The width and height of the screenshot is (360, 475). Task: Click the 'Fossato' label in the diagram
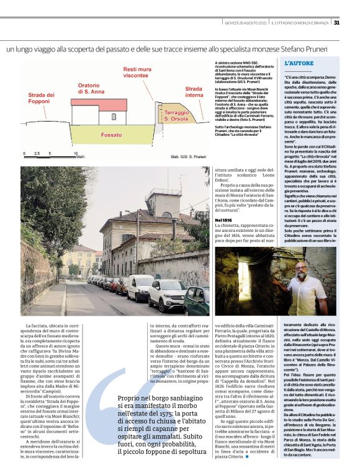[x=112, y=134]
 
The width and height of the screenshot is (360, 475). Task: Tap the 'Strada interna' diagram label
[x=194, y=92]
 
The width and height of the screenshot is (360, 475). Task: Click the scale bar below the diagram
[x=50, y=153]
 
